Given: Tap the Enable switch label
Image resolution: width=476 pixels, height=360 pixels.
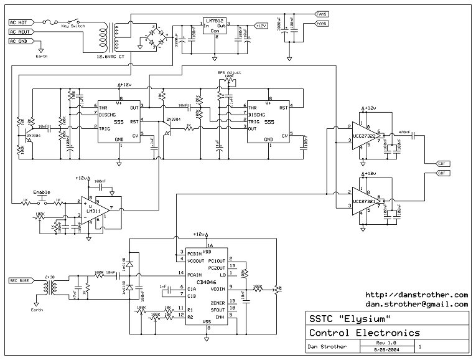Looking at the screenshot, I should point(41,192).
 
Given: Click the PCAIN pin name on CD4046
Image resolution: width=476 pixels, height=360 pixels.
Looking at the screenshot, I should point(194,274).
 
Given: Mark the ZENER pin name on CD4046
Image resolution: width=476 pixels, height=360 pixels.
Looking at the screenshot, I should point(218,302).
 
